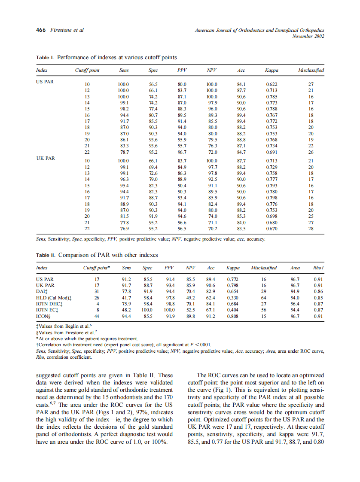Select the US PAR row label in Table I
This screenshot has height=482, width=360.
(x=45, y=81)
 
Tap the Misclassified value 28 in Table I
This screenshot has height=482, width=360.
(x=311, y=229)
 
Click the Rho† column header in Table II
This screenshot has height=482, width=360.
(x=318, y=268)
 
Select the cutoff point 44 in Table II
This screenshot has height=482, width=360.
(x=97, y=316)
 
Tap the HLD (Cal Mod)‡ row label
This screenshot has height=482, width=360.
(x=54, y=297)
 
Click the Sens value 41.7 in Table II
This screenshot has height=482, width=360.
(x=127, y=297)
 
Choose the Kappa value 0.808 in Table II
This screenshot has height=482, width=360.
(x=232, y=316)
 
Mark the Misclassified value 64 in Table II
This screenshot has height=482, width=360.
(x=264, y=297)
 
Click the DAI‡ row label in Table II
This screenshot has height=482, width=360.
(x=42, y=291)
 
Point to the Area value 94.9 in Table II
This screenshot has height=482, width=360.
(x=295, y=291)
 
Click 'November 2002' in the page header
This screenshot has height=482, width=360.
(x=308, y=36)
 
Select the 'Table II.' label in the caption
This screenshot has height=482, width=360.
(x=46, y=255)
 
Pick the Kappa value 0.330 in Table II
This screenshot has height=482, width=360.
(x=232, y=297)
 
